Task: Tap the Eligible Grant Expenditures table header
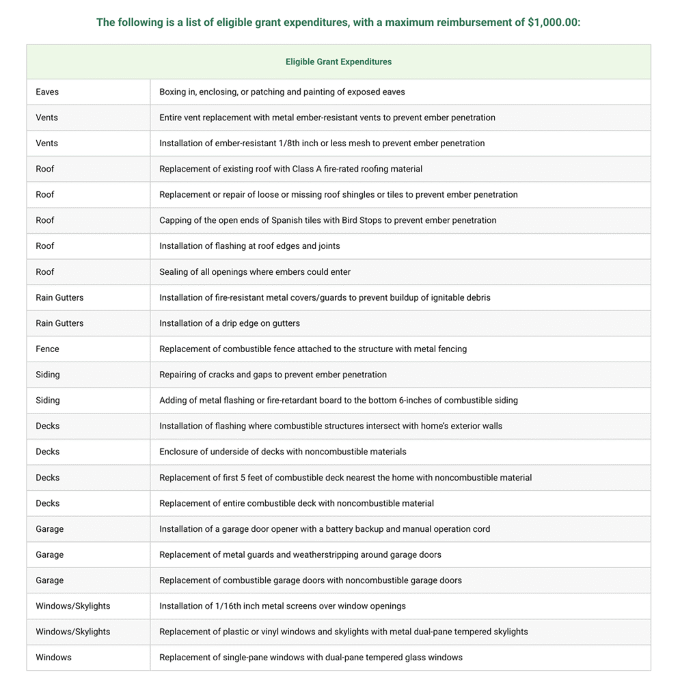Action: [x=338, y=62]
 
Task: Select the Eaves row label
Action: [x=47, y=92]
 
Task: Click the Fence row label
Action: [x=47, y=349]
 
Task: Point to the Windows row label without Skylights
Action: [x=53, y=657]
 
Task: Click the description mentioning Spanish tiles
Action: [x=327, y=220]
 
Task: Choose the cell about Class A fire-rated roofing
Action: [x=290, y=169]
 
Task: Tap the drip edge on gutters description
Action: [x=229, y=323]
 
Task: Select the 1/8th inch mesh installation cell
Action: [x=322, y=143]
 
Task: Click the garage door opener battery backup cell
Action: [x=324, y=528]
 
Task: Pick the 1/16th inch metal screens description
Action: [x=282, y=606]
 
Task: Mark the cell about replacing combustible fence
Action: [x=313, y=349]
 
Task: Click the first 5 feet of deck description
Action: [x=345, y=477]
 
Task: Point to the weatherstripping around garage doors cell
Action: [x=300, y=554]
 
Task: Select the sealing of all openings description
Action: [x=254, y=271]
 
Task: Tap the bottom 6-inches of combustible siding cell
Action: [x=338, y=400]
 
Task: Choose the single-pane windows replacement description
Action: [x=310, y=657]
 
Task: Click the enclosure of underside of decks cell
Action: [x=282, y=451]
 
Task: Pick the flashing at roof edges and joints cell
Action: [x=249, y=245]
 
